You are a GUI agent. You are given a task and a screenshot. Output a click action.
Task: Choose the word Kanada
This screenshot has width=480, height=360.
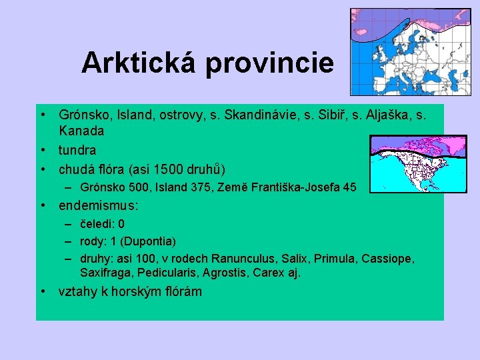[81, 131]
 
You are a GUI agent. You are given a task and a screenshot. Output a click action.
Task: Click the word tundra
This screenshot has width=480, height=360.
[77, 150]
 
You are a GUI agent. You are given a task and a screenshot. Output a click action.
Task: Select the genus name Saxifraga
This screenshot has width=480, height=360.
[105, 273]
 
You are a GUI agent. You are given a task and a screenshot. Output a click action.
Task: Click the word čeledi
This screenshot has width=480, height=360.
[96, 224]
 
